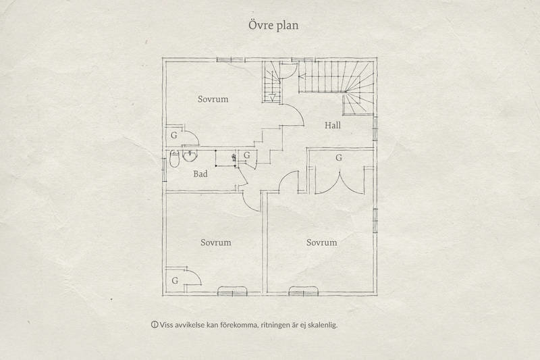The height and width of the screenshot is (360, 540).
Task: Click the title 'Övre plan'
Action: coord(269,26)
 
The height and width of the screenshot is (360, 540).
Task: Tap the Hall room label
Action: coord(332,126)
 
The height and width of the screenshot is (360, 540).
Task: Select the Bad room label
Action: coord(200,174)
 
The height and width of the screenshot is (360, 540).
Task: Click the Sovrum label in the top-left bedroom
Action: coord(213,99)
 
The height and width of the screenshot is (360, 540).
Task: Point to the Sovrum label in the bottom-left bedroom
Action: coord(216,242)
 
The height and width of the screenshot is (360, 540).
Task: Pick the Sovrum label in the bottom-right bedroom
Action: coord(321,242)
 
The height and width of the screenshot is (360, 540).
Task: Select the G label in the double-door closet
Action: coord(338,157)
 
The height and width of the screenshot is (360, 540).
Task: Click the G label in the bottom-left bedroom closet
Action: coord(174,280)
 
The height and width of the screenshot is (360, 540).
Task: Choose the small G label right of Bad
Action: coord(247,155)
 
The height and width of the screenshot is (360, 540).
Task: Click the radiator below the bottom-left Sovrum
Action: coord(232,291)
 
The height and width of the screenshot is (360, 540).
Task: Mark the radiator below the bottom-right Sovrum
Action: coord(304,291)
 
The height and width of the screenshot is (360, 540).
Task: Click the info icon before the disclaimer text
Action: coord(154,325)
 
